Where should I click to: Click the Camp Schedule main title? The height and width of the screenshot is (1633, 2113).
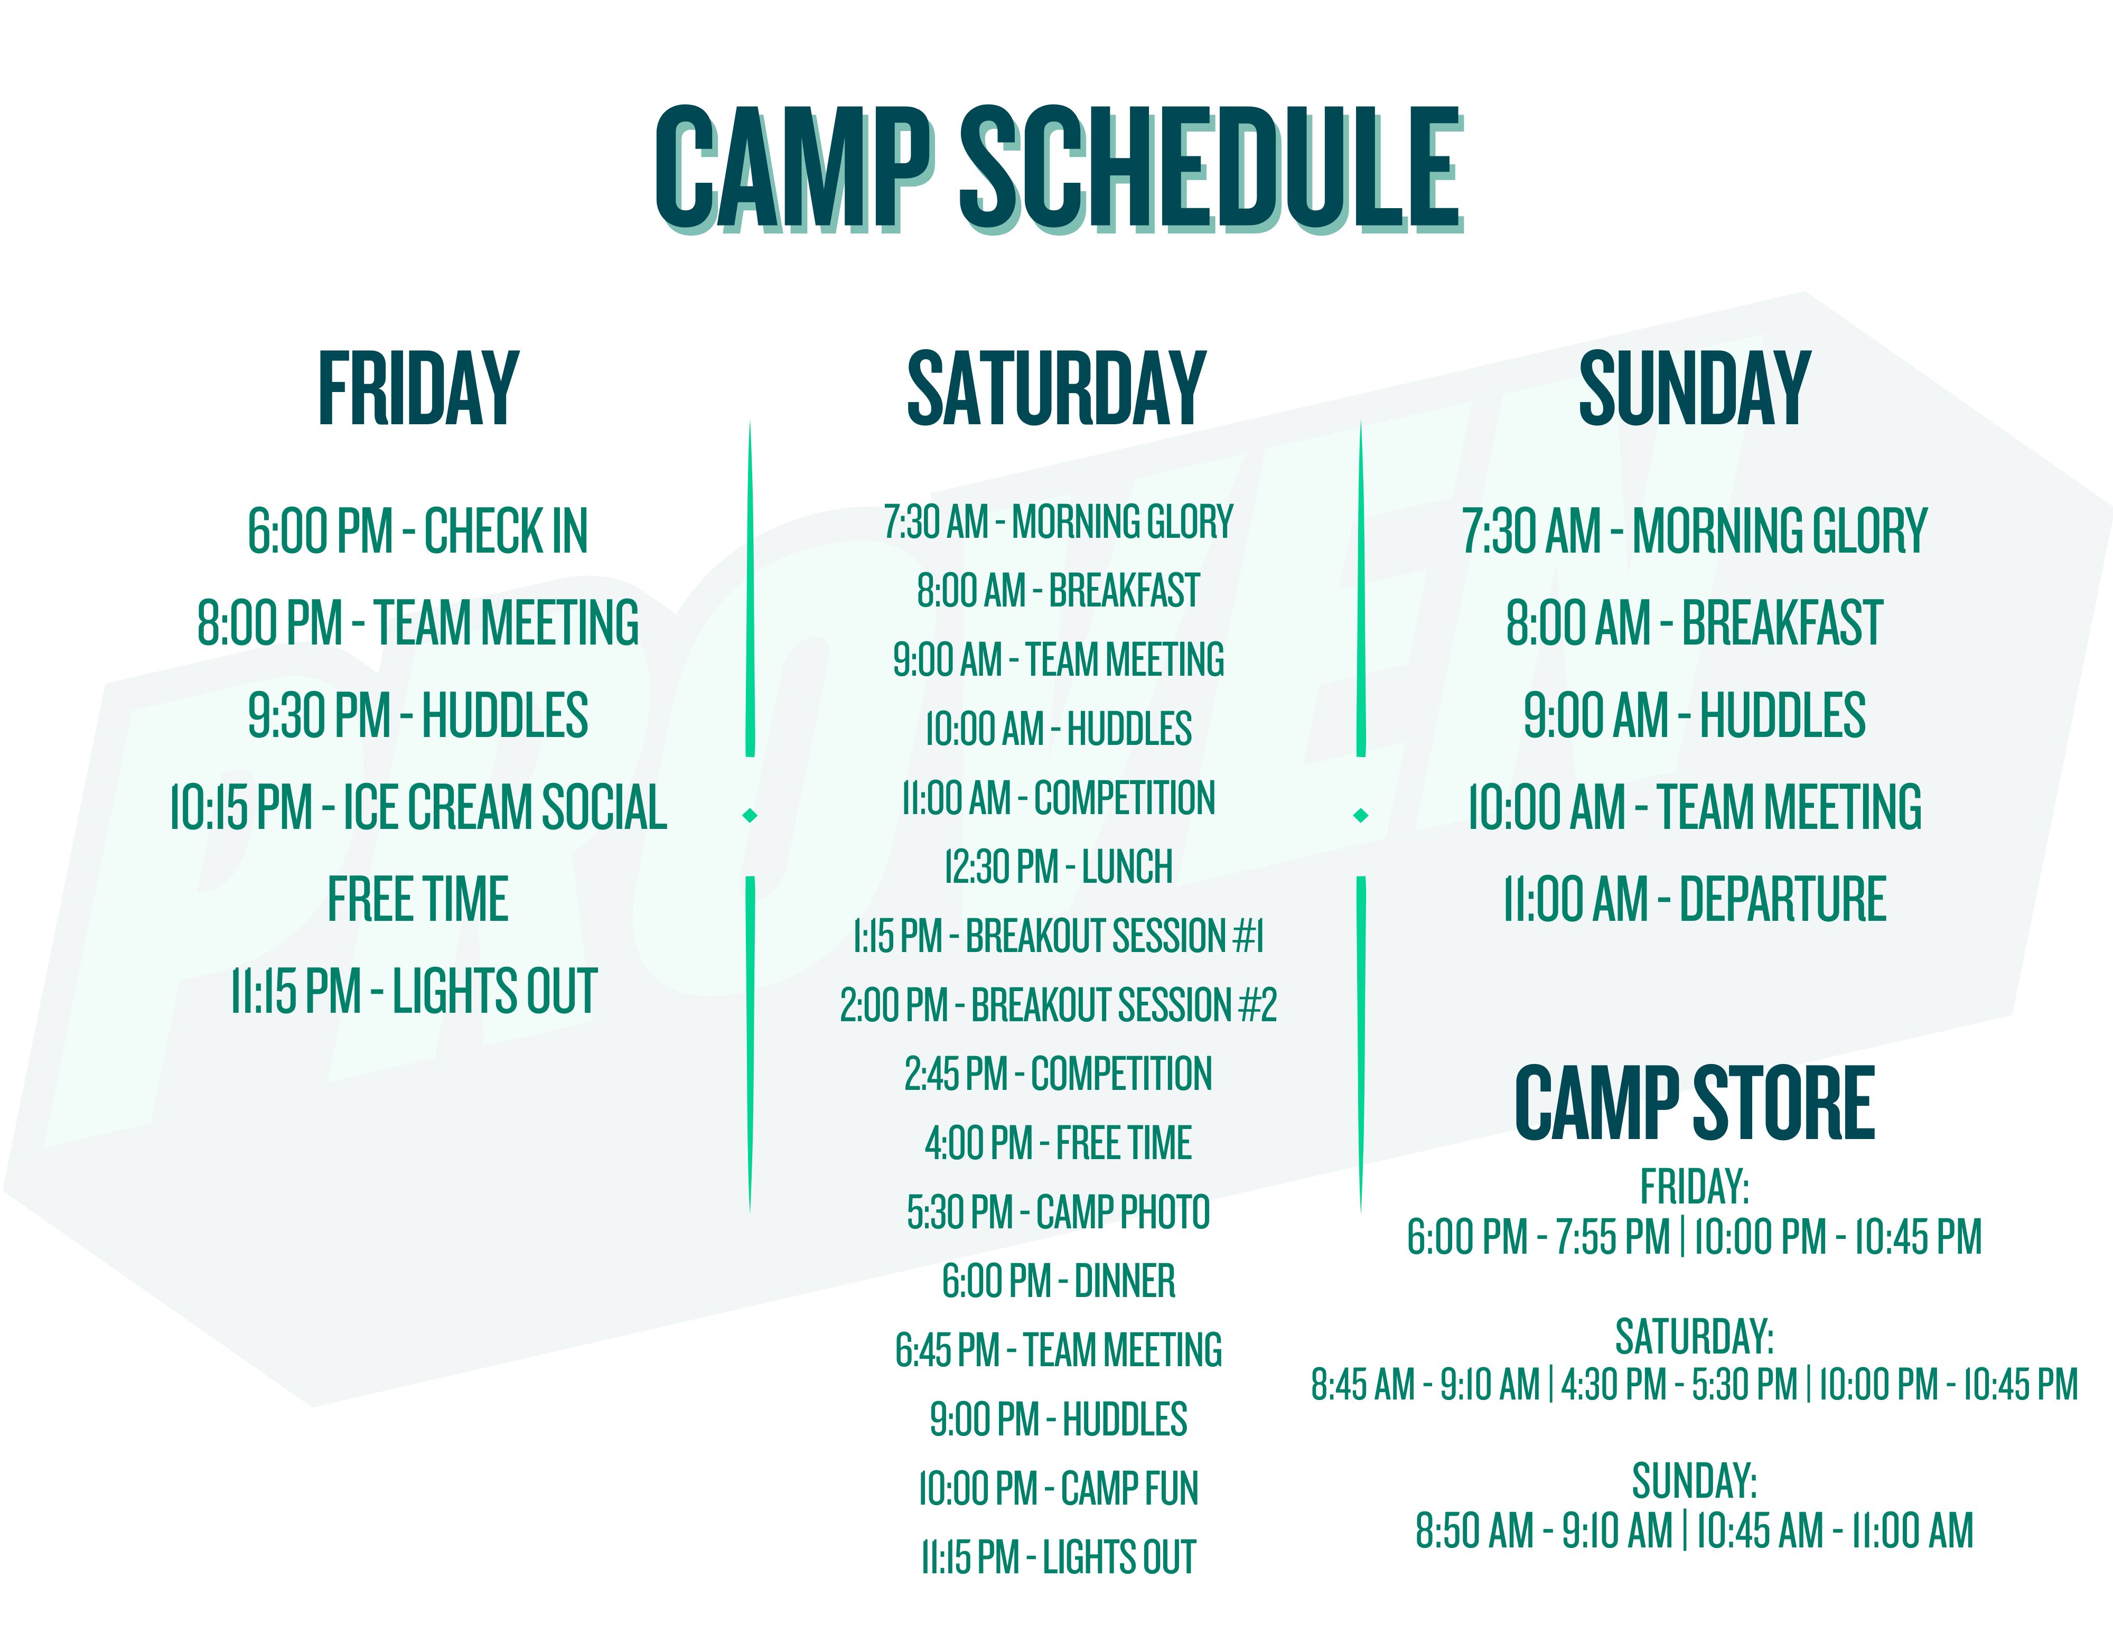(x=1059, y=169)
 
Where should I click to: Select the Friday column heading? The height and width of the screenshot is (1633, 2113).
(x=419, y=389)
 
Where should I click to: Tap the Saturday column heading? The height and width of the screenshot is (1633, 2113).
(x=1056, y=389)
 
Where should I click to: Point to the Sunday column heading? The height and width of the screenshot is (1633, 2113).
(x=1694, y=389)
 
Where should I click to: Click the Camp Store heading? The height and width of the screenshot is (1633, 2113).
(x=1694, y=1103)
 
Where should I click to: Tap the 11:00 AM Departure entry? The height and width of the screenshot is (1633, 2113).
(x=1694, y=900)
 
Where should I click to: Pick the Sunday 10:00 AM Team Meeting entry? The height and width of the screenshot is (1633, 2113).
(x=1694, y=808)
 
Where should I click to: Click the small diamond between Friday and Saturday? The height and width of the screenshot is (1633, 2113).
(x=750, y=816)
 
